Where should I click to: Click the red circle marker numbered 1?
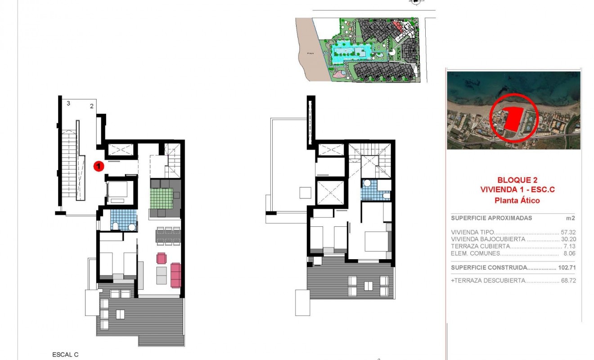tap(99, 166)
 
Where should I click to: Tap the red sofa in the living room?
tap(175, 275)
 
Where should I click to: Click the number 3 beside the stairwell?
tap(68, 103)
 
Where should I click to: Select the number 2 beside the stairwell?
tap(91, 106)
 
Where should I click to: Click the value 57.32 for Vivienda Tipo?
tap(569, 232)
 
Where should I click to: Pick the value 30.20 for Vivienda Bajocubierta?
tap(569, 239)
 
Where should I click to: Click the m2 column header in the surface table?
tap(571, 218)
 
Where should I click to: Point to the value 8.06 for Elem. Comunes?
tap(570, 253)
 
